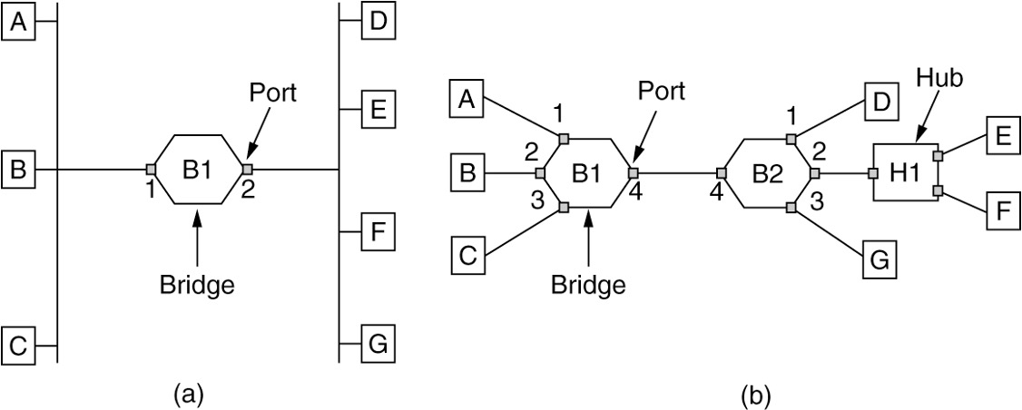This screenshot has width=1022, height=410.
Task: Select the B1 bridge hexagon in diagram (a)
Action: (198, 169)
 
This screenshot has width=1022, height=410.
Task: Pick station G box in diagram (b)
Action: (879, 262)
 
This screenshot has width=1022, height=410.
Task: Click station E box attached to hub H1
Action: (1000, 136)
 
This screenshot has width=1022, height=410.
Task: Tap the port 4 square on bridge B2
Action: (722, 172)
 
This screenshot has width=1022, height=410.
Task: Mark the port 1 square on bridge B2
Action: (791, 138)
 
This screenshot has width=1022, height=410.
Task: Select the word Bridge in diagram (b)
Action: (588, 285)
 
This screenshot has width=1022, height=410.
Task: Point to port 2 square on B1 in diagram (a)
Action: (246, 169)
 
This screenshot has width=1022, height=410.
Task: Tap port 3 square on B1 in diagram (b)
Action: (564, 208)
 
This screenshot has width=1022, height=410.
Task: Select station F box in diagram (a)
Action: (378, 233)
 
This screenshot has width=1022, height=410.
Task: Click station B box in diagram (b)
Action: (467, 172)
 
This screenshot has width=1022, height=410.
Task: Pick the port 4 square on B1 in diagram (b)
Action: (633, 172)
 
